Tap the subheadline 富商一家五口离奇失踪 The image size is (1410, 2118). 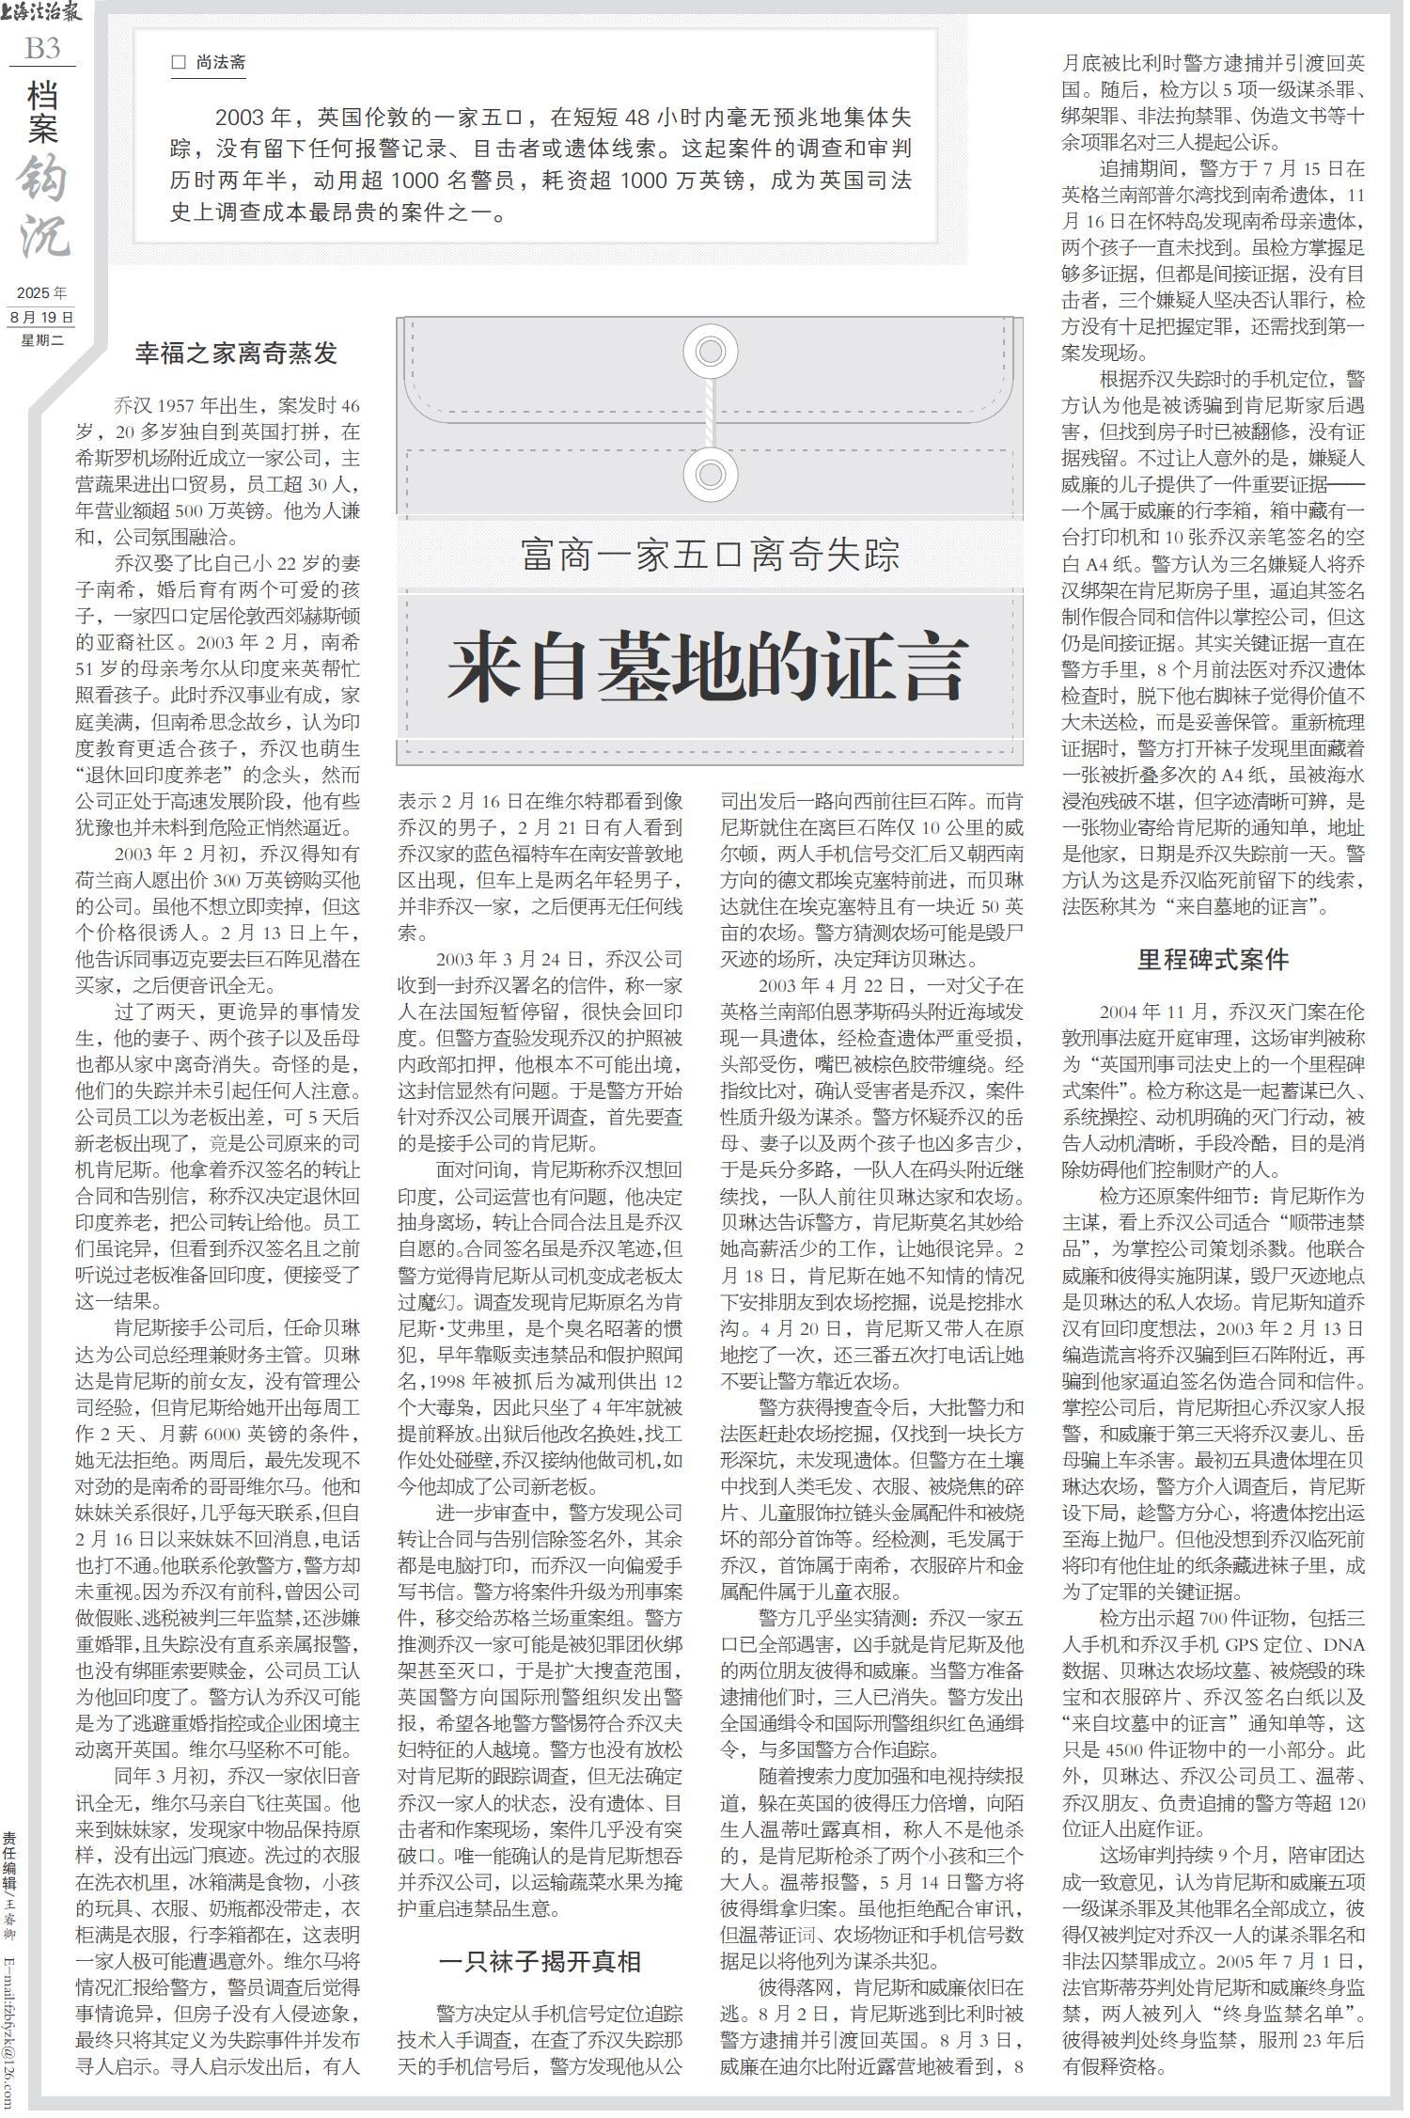pyautogui.click(x=710, y=554)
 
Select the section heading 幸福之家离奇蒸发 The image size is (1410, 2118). pyautogui.click(x=236, y=353)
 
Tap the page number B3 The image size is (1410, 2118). pyautogui.click(x=42, y=48)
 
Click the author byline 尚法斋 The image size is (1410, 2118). pyautogui.click(x=221, y=63)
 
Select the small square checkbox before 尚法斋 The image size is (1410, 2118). pyautogui.click(x=179, y=63)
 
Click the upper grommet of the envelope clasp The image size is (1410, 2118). pyautogui.click(x=712, y=352)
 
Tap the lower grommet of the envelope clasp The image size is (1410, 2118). pyautogui.click(x=712, y=475)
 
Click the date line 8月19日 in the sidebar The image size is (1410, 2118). pyautogui.click(x=42, y=317)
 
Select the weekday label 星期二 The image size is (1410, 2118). pyautogui.click(x=42, y=339)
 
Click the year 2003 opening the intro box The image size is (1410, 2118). pyautogui.click(x=239, y=118)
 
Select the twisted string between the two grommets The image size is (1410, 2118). pyautogui.click(x=712, y=414)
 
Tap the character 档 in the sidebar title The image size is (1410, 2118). pyautogui.click(x=43, y=94)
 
